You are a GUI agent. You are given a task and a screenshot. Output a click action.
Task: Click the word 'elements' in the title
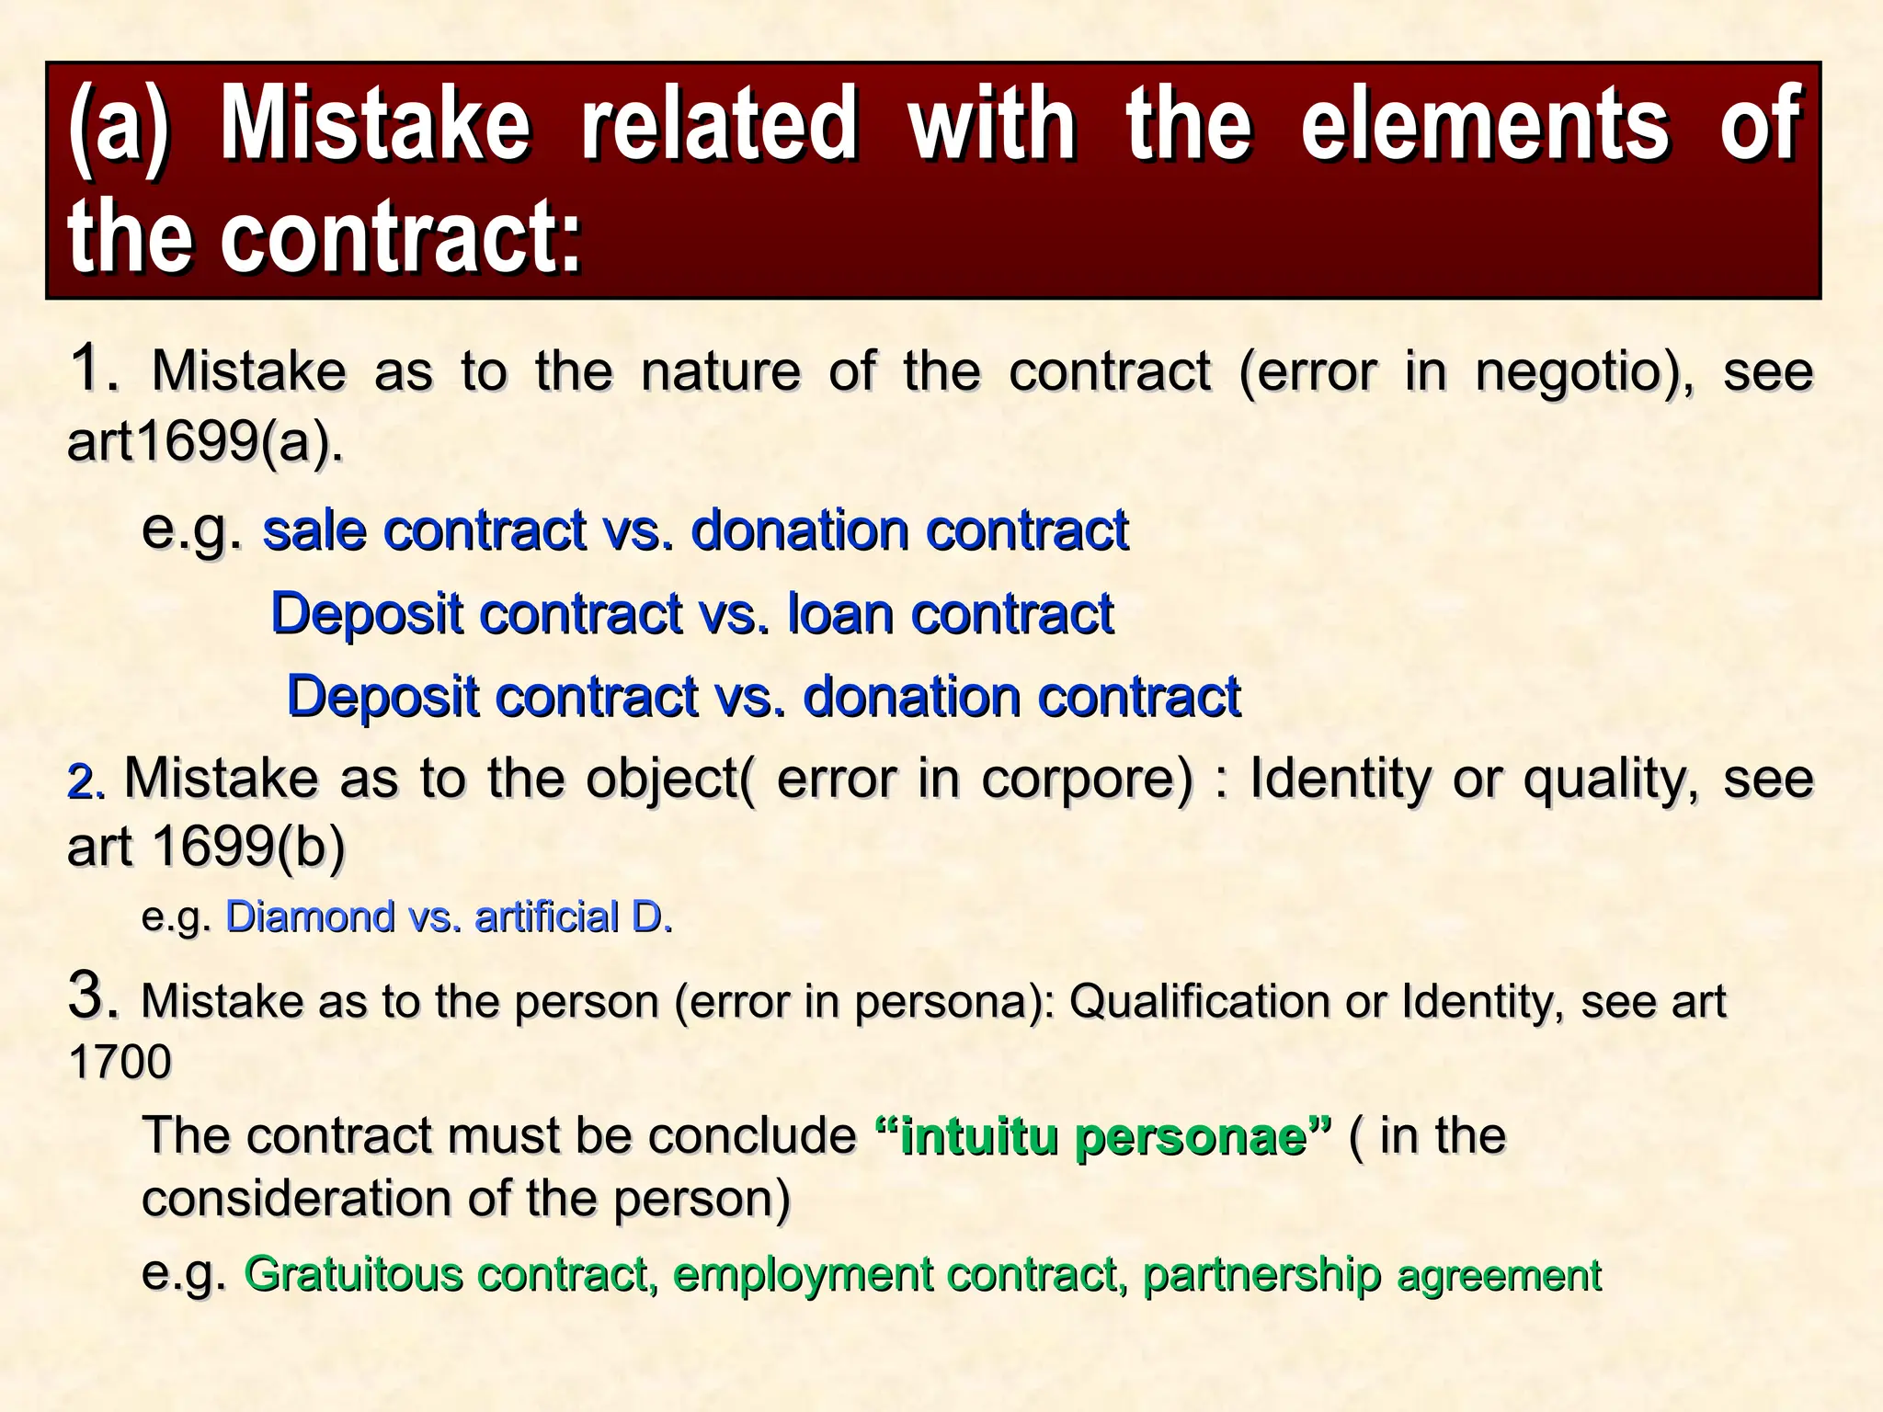coord(1484,124)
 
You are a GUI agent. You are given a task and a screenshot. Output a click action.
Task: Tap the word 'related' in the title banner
coord(719,124)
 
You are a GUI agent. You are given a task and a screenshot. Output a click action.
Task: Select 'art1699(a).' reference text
coord(205,442)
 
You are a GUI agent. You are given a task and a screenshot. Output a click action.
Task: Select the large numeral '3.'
coord(94,996)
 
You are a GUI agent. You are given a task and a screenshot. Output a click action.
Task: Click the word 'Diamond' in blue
coord(310,917)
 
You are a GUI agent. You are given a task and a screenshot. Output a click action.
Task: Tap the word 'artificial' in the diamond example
coord(547,917)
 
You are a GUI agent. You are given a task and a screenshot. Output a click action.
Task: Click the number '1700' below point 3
coord(120,1063)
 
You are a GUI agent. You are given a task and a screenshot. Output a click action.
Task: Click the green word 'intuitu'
coord(979,1136)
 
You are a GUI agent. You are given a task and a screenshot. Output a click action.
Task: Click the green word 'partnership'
coord(1261,1275)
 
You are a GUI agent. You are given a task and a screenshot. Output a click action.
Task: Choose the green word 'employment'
coord(804,1275)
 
